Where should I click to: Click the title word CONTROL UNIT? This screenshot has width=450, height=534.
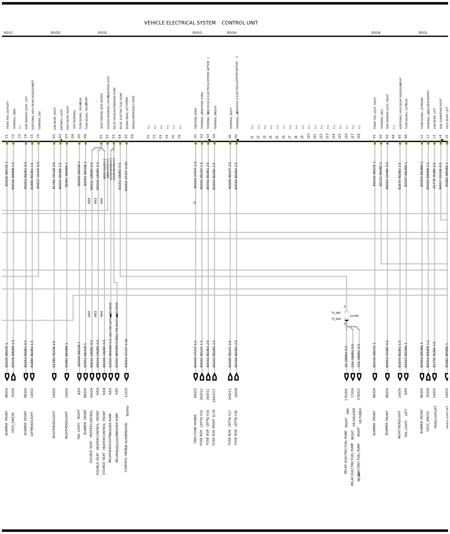[239, 23]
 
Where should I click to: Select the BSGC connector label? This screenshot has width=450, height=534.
[8, 33]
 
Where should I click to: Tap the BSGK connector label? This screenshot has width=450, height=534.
[376, 33]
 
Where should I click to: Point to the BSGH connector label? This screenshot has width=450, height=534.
[232, 33]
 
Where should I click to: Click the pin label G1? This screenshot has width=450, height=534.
[195, 136]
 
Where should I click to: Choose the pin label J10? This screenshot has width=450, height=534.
[309, 136]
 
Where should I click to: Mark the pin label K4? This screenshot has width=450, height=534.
[393, 136]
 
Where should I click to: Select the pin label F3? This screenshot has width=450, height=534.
[161, 137]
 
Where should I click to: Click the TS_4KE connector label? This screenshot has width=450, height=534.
[336, 313]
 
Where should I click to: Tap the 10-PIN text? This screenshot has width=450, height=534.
[354, 316]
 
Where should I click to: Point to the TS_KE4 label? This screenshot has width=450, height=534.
[336, 319]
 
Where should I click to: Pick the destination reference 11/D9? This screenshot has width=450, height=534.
[126, 393]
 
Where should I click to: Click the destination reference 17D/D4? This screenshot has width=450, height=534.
[346, 394]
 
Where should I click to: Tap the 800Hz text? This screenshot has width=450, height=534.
[127, 411]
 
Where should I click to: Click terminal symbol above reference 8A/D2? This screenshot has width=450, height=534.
[195, 377]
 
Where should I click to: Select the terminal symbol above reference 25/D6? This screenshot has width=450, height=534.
[13, 377]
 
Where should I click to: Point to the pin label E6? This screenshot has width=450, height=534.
[132, 136]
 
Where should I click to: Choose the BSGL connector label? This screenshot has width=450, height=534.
[423, 33]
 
